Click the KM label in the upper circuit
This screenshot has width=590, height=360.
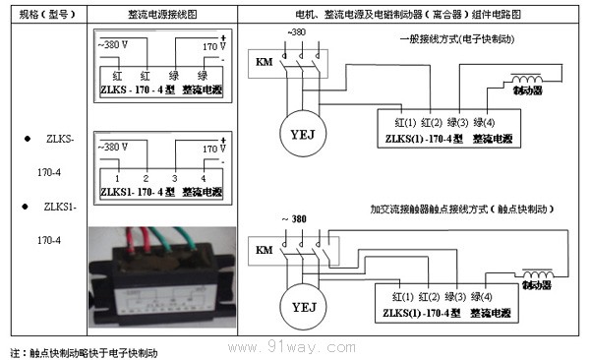264,64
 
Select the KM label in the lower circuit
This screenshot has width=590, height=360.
264,252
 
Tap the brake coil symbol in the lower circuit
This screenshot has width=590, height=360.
535,275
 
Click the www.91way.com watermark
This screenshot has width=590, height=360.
310,348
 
